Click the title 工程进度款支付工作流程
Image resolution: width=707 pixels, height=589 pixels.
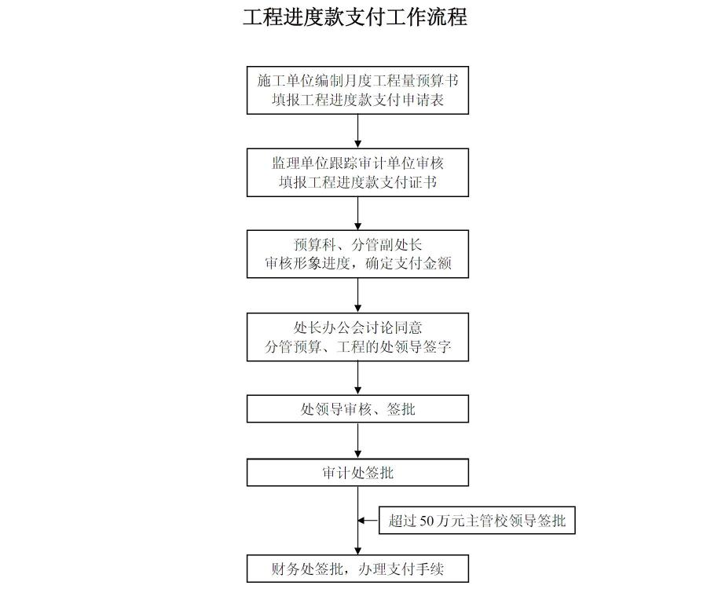pyautogui.click(x=355, y=18)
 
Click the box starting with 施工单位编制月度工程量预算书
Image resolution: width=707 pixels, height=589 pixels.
pyautogui.click(x=357, y=90)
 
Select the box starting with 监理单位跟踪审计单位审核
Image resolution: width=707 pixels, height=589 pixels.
pyautogui.click(x=357, y=173)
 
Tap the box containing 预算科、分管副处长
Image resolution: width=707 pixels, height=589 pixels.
pyautogui.click(x=357, y=254)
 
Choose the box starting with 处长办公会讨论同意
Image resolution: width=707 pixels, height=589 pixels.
pyautogui.click(x=357, y=337)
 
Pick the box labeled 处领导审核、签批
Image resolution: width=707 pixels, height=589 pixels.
pyautogui.click(x=357, y=408)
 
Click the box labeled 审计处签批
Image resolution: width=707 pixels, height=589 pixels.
pyautogui.click(x=357, y=473)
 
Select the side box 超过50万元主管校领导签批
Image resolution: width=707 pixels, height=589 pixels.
pyautogui.click(x=477, y=521)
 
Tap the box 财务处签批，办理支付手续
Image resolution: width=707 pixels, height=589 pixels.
pyautogui.click(x=357, y=569)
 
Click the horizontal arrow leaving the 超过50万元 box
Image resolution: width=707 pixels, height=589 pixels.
pyautogui.click(x=369, y=521)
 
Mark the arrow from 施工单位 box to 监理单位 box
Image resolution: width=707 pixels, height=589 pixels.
pyautogui.click(x=358, y=131)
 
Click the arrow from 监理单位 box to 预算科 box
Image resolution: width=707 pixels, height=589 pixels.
pyautogui.click(x=358, y=213)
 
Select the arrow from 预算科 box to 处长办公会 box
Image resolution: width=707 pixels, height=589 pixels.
pyautogui.click(x=358, y=295)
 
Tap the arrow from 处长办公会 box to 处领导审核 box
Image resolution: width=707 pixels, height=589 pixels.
pyautogui.click(x=358, y=378)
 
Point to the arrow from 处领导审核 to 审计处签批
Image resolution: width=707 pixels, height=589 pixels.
pyautogui.click(x=358, y=441)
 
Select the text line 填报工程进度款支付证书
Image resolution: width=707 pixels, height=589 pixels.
pyautogui.click(x=357, y=183)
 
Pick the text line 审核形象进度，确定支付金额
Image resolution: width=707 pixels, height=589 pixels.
pyautogui.click(x=357, y=265)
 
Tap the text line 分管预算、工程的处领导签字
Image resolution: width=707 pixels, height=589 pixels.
pyautogui.click(x=357, y=347)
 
